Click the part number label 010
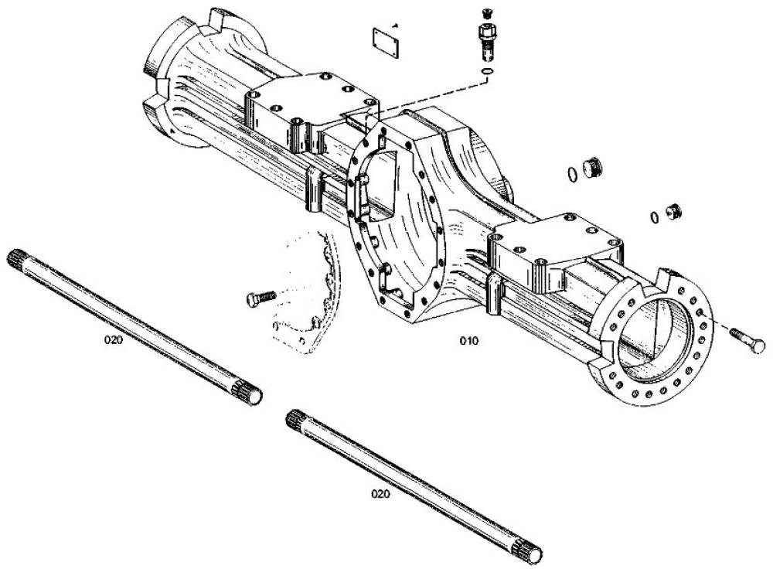pyautogui.click(x=469, y=341)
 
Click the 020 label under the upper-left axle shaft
pyautogui.click(x=114, y=339)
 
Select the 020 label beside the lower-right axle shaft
pyautogui.click(x=380, y=493)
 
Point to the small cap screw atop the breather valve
pyautogui.click(x=487, y=14)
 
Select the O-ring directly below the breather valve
pyautogui.click(x=487, y=72)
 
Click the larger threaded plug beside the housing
pyautogui.click(x=591, y=168)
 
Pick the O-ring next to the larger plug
pyautogui.click(x=572, y=175)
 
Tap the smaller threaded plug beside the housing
pyautogui.click(x=673, y=211)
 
